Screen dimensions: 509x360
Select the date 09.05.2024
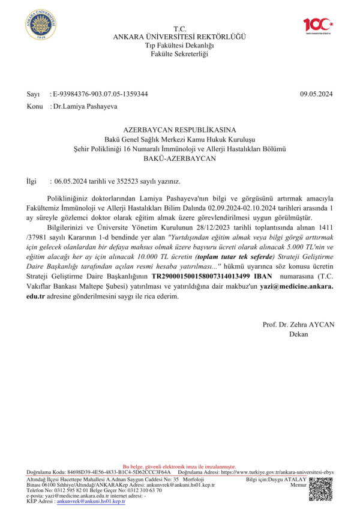click(x=316, y=94)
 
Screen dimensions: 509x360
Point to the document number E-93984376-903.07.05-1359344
click(x=100, y=94)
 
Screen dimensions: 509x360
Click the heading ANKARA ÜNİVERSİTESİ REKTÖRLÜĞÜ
click(x=179, y=37)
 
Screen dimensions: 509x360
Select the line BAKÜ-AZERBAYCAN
click(x=180, y=159)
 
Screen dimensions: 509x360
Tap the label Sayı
click(x=33, y=94)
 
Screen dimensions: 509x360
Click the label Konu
click(x=34, y=106)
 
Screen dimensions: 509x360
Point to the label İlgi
click(x=32, y=181)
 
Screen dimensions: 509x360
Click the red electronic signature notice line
click(x=179, y=467)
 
